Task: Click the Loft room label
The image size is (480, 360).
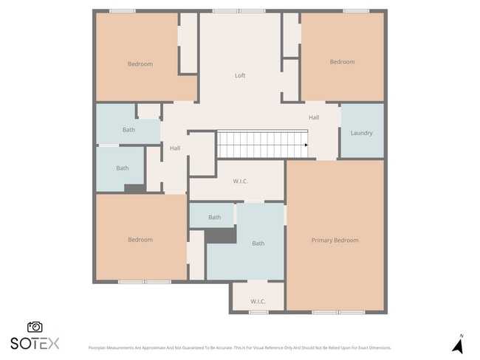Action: [x=240, y=75]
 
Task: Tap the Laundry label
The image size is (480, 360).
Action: [x=361, y=133]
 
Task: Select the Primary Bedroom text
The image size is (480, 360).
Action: [x=335, y=240]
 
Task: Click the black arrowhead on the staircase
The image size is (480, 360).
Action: [x=305, y=145]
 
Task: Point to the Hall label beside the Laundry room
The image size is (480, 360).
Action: [x=314, y=117]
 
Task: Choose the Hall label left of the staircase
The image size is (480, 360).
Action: [x=175, y=148]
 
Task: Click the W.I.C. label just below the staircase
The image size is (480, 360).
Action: [x=241, y=181]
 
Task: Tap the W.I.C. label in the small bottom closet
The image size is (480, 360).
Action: [x=258, y=301]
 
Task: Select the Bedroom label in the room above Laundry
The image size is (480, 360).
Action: [x=342, y=62]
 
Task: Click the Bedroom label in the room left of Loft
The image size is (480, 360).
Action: [x=140, y=64]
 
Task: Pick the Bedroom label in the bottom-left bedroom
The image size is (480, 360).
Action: [x=140, y=240]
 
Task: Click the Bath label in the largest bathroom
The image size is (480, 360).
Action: [x=258, y=243]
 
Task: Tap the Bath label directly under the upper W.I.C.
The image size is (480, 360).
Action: [x=214, y=218]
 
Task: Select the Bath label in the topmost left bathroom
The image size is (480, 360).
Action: [x=128, y=130]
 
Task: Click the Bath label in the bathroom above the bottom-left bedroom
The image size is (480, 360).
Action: [x=122, y=168]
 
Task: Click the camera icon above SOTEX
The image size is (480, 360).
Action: [x=35, y=327]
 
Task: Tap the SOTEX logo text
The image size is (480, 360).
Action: [x=35, y=343]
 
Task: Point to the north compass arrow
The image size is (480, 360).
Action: [x=457, y=345]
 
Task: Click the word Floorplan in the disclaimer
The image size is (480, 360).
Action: [x=99, y=347]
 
